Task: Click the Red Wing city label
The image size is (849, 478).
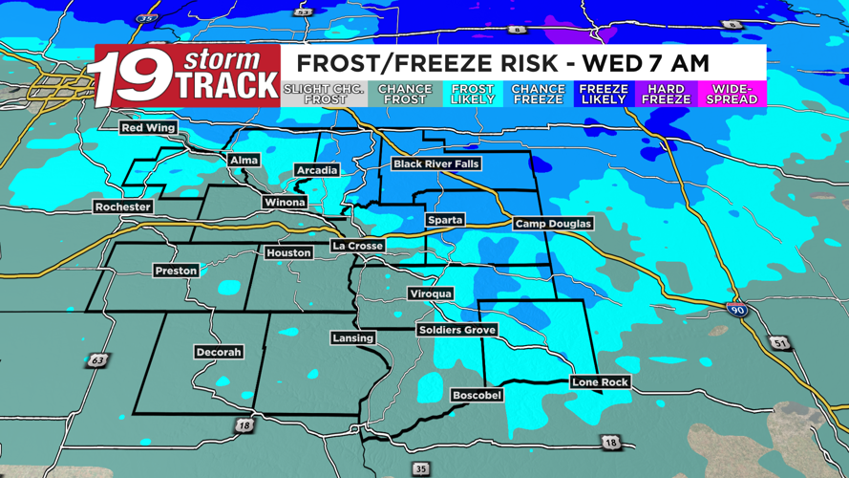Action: coord(148,128)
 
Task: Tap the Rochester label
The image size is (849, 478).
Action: coord(122,206)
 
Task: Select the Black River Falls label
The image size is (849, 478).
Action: coord(436,164)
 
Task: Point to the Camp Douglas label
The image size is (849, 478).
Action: coord(553,224)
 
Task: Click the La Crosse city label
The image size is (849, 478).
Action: coord(357,246)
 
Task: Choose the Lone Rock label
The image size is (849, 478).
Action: coord(600,382)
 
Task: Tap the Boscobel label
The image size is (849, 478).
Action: coord(476,395)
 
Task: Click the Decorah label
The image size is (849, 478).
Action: coord(218,352)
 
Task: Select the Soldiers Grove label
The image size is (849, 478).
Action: coord(456,330)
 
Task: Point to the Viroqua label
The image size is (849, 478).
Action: coord(430,293)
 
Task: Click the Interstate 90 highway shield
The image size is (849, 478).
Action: coord(737,310)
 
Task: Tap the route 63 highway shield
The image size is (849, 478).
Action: coord(97,360)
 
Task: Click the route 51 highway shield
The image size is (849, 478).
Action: coord(780,343)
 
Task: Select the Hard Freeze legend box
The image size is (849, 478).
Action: coord(666,94)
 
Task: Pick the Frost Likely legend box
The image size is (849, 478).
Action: coord(472,94)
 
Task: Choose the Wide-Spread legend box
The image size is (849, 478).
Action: coord(732,94)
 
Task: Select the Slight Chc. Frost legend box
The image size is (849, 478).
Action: coord(325,94)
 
